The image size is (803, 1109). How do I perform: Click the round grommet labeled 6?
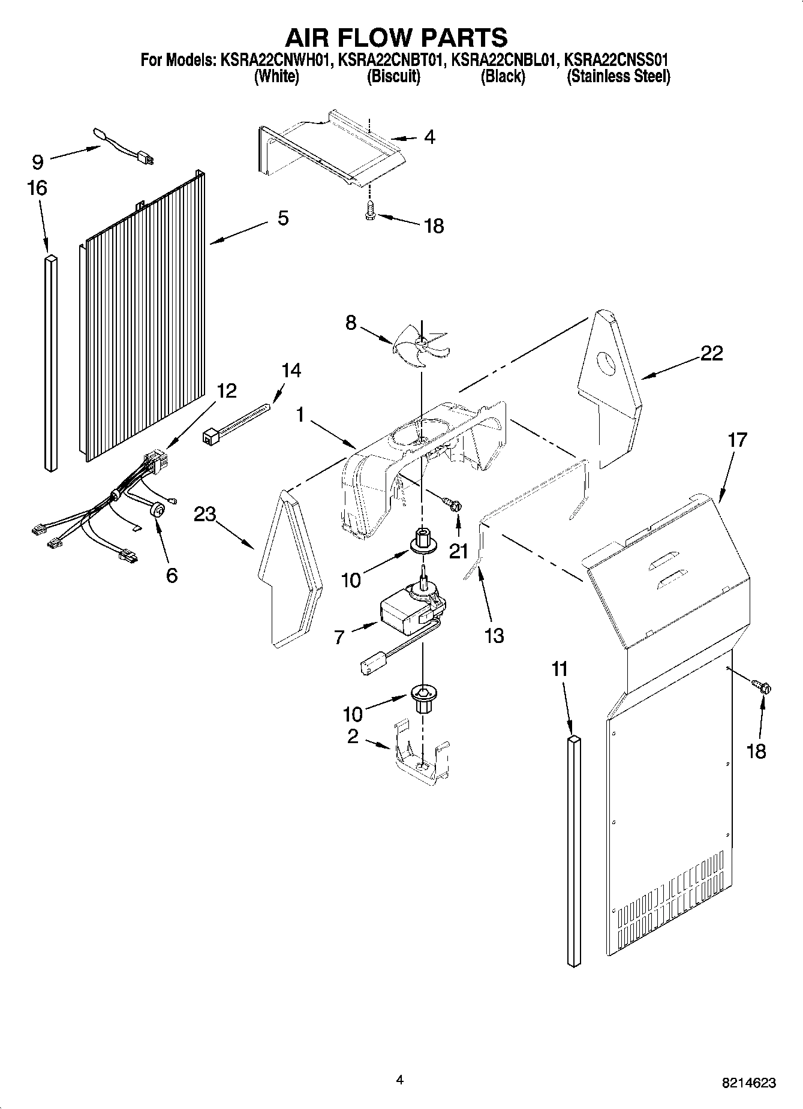click(157, 510)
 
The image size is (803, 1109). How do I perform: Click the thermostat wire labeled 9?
click(126, 146)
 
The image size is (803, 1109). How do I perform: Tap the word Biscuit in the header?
click(393, 77)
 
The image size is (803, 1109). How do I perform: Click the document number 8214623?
click(749, 1083)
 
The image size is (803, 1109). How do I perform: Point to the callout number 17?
click(737, 440)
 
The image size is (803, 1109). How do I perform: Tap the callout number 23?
click(204, 514)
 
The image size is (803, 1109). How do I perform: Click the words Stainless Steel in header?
click(618, 77)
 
